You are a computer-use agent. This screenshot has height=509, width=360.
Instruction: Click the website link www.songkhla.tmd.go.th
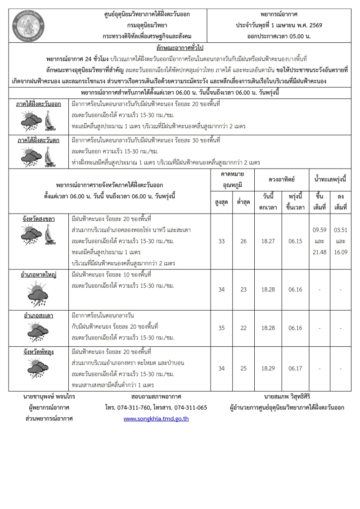pos(156,419)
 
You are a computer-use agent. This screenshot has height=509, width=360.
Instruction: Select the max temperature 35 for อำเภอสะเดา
pos(221,328)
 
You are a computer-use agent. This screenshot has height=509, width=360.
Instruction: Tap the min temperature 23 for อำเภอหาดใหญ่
pos(243,289)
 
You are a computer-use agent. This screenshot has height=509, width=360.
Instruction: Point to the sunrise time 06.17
pos(295,368)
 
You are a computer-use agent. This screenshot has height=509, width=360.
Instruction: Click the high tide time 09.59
pos(319,230)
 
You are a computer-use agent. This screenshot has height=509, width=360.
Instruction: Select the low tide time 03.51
pos(341,230)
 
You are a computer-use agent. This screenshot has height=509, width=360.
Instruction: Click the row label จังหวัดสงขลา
pos(39,219)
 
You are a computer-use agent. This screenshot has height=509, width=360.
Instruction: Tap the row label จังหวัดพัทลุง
pos(39,352)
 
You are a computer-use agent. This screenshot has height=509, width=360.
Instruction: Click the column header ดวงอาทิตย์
pos(282,179)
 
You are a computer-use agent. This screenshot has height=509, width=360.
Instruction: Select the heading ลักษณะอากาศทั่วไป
pos(180,48)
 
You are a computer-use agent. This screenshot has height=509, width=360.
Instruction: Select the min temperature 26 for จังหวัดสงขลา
pos(243,241)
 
